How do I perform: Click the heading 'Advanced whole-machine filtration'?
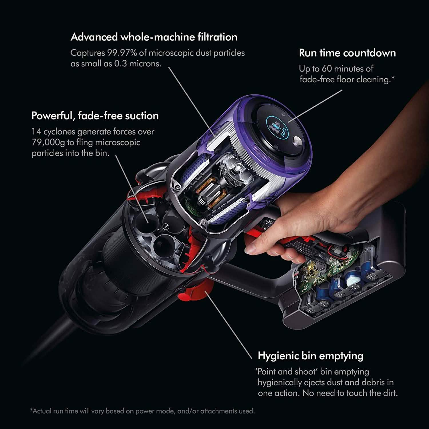click(154, 37)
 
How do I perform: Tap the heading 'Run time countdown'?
click(347, 53)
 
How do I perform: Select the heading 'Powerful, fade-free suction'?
click(95, 116)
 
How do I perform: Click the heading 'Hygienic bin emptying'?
click(310, 356)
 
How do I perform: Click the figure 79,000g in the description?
click(48, 142)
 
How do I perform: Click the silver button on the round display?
click(298, 141)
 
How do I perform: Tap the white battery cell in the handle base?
click(352, 282)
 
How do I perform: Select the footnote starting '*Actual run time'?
click(142, 411)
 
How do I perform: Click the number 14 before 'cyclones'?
click(36, 132)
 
